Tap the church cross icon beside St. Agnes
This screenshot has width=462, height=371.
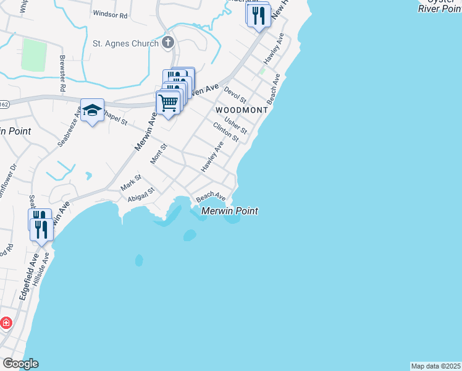(x=168, y=43)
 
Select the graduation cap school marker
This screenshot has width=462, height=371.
(x=92, y=111)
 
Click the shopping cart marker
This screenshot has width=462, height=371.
(x=167, y=102)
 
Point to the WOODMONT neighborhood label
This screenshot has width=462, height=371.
(x=242, y=110)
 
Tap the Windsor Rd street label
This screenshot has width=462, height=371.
(x=110, y=13)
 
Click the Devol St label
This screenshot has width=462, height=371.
(x=235, y=95)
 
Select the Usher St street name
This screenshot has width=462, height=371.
(x=236, y=126)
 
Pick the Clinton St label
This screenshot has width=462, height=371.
(x=225, y=132)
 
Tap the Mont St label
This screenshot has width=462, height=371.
(x=159, y=154)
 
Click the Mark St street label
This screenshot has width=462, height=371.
(x=131, y=182)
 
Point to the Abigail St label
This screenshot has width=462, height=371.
(x=140, y=195)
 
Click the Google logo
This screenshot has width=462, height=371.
(x=20, y=364)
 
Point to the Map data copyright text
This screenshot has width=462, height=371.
(x=435, y=366)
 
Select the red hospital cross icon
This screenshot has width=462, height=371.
(x=5, y=323)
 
